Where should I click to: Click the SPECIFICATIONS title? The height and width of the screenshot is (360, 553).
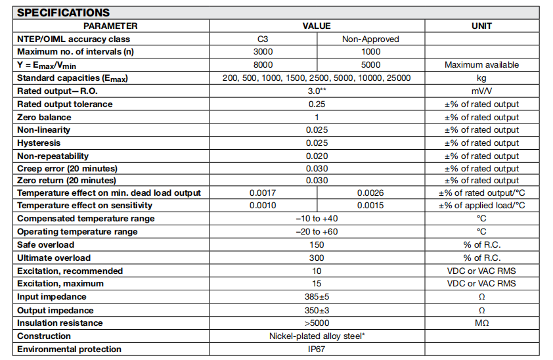pos(64,12)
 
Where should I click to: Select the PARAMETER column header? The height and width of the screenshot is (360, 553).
pos(110,26)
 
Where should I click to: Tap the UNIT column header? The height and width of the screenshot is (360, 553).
pos(481,26)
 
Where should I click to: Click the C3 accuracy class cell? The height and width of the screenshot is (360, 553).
pos(263,39)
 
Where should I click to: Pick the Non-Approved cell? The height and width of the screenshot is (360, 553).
pos(370,39)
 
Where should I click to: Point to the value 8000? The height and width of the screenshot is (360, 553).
pos(263,65)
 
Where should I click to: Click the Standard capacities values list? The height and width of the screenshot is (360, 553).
pos(317,78)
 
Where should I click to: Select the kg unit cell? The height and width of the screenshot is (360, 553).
pos(481,78)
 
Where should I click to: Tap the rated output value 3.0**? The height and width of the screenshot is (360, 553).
pos(317,91)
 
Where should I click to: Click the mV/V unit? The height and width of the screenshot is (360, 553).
pos(481,91)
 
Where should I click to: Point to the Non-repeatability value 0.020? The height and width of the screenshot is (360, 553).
pos(317,156)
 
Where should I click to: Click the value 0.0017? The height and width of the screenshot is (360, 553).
pos(263,193)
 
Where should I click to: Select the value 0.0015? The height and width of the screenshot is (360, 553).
pos(370,206)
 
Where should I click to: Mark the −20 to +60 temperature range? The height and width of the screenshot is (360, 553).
pos(317,232)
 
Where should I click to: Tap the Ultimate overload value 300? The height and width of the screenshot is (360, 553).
pos(317,258)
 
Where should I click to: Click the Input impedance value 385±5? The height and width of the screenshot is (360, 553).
pos(317,297)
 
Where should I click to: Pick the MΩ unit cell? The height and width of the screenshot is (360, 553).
pos(481,323)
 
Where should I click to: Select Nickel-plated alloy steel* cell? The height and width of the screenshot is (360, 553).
pos(317,336)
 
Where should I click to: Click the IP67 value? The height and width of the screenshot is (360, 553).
pos(317,349)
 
